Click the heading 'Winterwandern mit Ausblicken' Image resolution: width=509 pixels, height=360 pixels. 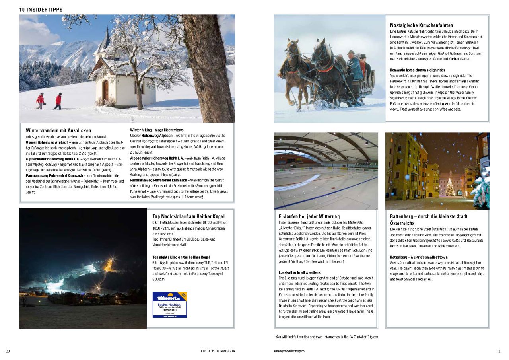pyautogui.click(x=58, y=130)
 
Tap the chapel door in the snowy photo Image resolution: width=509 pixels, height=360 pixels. pyautogui.click(x=106, y=90)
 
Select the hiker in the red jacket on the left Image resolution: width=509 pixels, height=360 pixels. pyautogui.click(x=40, y=100)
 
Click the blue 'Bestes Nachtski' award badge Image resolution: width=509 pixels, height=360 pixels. pyautogui.click(x=169, y=305)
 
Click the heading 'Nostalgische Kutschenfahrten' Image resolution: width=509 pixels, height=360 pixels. pyautogui.click(x=422, y=25)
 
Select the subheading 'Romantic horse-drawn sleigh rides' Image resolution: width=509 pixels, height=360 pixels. pyautogui.click(x=418, y=70)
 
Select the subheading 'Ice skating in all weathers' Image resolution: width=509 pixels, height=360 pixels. pyautogui.click(x=299, y=272)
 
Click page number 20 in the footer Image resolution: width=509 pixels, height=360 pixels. pyautogui.click(x=8, y=351)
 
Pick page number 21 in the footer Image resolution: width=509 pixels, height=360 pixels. pyautogui.click(x=500, y=351)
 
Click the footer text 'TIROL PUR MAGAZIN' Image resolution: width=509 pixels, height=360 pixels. pyautogui.click(x=218, y=351)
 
